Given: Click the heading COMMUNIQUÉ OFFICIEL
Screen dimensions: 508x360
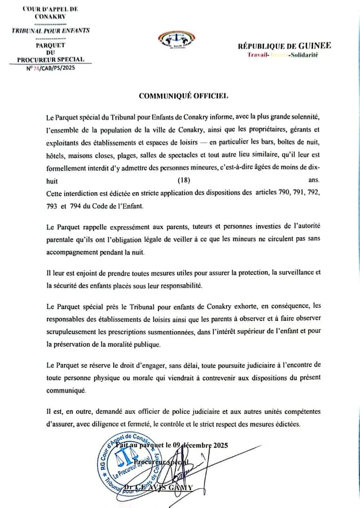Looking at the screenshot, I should [x=183, y=96].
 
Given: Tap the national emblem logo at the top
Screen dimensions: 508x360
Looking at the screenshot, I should [x=180, y=41].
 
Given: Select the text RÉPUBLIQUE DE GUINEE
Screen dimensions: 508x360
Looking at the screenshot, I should [x=284, y=46].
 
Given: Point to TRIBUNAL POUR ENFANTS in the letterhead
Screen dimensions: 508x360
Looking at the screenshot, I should [x=51, y=31].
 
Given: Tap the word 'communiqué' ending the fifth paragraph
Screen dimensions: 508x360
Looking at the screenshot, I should [x=66, y=390].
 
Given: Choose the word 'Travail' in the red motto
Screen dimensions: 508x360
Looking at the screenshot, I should [x=258, y=55].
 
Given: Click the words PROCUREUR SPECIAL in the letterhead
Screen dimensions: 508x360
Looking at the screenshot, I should [x=51, y=59].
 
